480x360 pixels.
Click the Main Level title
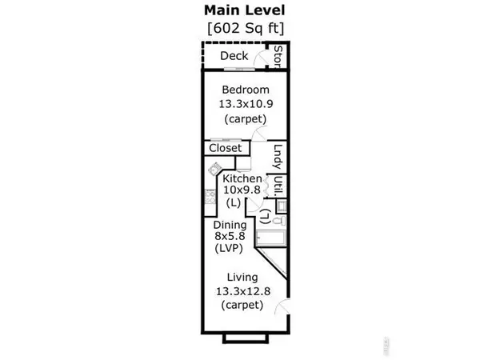[245, 10]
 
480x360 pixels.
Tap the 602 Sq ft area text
[246, 29]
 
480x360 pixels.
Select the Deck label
[234, 56]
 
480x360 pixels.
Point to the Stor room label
[278, 57]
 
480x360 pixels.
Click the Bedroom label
[246, 90]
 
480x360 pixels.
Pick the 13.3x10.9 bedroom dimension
[246, 104]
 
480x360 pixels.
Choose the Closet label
[226, 148]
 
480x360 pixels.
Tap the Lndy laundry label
[278, 157]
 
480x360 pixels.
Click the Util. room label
[278, 186]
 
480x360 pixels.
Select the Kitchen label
[242, 178]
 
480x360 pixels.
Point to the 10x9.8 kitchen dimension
[242, 190]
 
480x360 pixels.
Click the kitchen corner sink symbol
[214, 169]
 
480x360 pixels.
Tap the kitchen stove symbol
[210, 196]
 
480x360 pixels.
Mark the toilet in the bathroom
[279, 221]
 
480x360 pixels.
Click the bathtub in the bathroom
[271, 238]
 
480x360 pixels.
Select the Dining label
[230, 225]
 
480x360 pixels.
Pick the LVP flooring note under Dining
[229, 248]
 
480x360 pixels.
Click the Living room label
[242, 278]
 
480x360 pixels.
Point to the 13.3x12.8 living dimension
[243, 291]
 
